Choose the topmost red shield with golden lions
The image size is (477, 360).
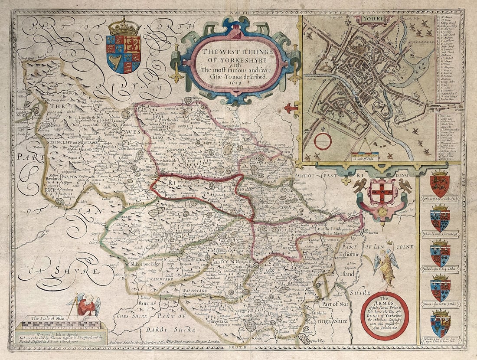440,183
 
